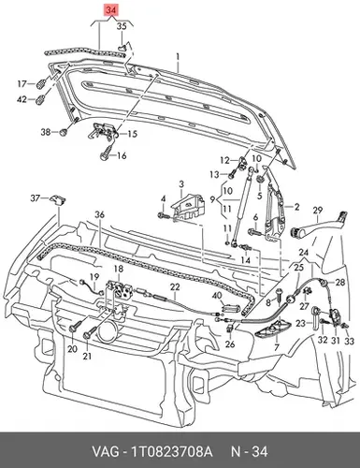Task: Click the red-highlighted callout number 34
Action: tap(111, 10)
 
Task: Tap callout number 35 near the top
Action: tap(122, 26)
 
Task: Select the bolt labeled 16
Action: tap(107, 152)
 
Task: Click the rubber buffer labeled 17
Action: tap(42, 84)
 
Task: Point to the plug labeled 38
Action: tap(64, 132)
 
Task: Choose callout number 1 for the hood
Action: tap(178, 57)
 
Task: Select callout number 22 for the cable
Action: tap(175, 287)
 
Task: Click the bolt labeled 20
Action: tap(75, 328)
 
